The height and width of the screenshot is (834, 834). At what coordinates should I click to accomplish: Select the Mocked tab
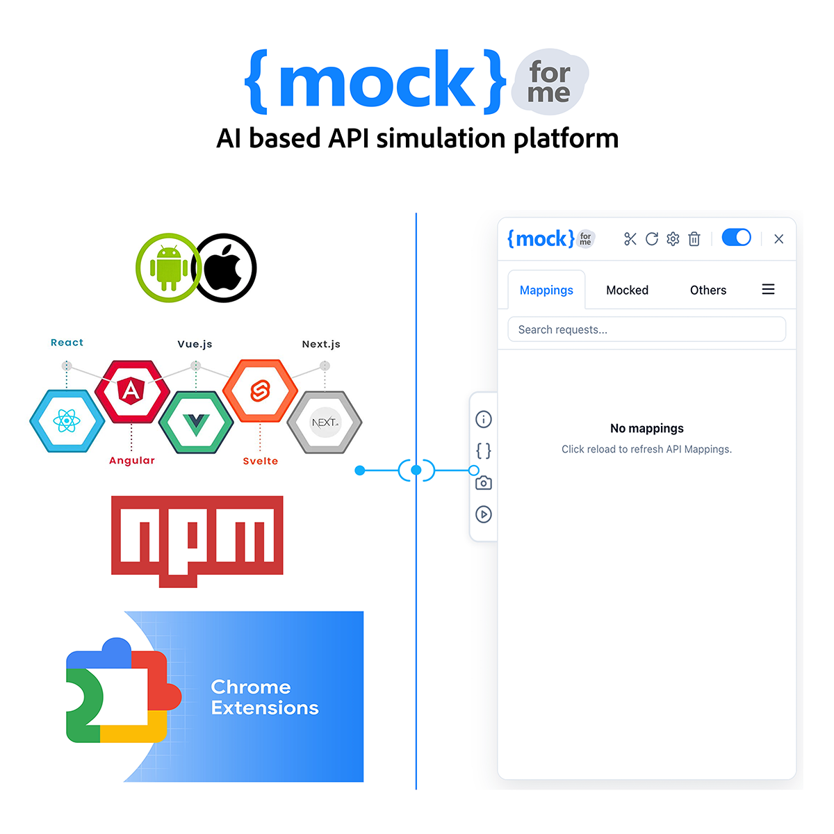point(627,290)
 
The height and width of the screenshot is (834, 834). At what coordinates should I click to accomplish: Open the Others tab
point(708,290)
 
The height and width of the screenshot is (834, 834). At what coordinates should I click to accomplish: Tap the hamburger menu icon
point(768,288)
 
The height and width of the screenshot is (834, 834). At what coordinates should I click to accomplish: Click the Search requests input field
point(646,329)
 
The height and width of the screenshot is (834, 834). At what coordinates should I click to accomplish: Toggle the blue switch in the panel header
point(736,237)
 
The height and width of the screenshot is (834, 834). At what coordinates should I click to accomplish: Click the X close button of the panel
point(778,238)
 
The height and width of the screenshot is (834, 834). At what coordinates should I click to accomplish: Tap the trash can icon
point(694,238)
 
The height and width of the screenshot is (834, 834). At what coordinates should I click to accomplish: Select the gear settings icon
point(672,238)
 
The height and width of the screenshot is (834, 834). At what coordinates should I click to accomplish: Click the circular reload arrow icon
point(651,238)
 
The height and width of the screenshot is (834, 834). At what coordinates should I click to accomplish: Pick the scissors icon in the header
point(630,238)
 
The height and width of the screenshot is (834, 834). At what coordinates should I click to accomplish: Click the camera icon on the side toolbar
point(483,482)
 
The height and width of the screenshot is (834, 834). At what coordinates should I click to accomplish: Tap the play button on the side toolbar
point(483,514)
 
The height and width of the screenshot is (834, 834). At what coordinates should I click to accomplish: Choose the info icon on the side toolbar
point(483,418)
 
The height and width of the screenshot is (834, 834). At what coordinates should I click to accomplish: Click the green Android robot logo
point(168,268)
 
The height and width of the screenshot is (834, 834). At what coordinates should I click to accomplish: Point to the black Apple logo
point(224,268)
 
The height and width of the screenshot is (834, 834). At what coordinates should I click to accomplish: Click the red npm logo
point(197,541)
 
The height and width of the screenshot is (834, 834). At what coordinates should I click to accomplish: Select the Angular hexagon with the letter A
point(131,391)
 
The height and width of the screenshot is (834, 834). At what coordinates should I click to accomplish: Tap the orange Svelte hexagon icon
point(260,391)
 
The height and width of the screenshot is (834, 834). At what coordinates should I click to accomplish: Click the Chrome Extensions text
point(264,697)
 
